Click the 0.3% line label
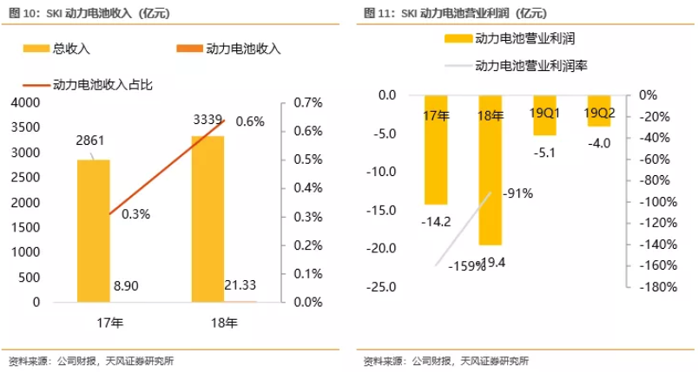[134, 214]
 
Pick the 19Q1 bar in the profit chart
[544, 115]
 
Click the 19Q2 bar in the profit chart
[599, 111]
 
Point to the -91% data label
[517, 194]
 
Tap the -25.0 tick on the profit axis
[382, 287]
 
